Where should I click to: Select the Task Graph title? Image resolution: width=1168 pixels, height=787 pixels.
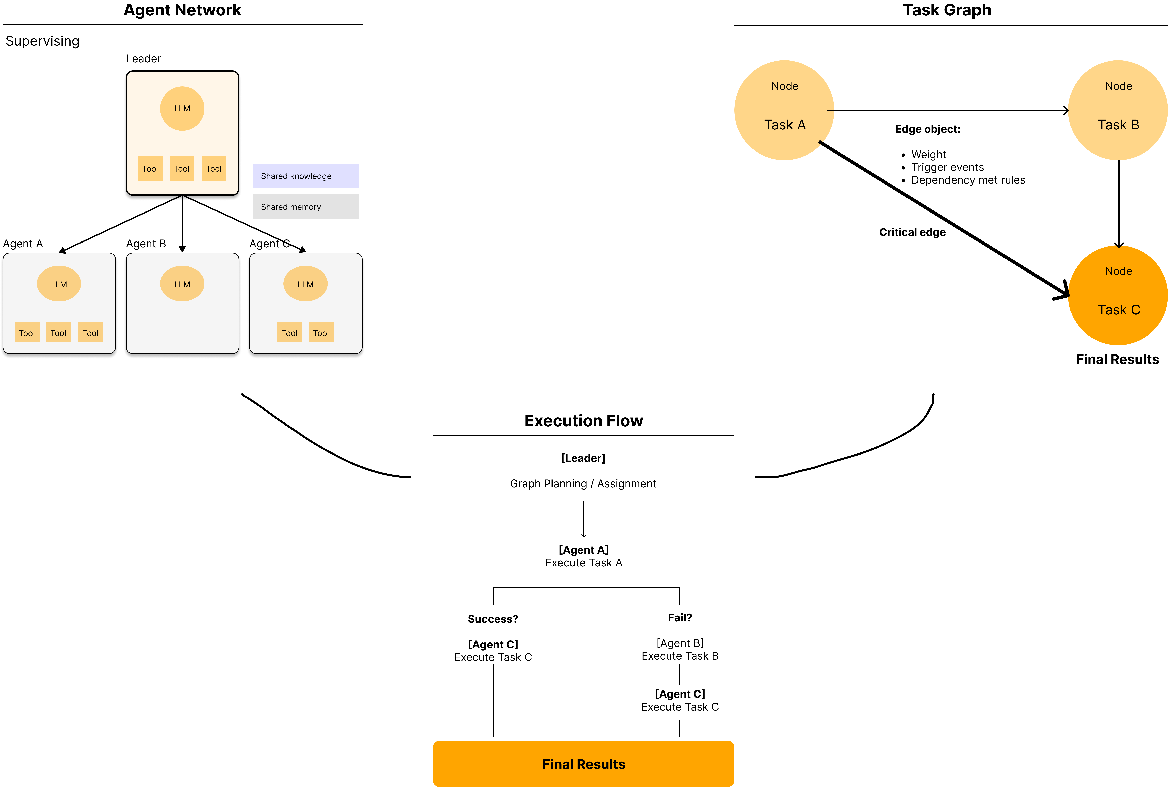pyautogui.click(x=947, y=10)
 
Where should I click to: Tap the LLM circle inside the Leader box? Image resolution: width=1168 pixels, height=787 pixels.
pyautogui.click(x=182, y=108)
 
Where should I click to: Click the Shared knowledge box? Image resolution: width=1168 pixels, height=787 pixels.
pyautogui.click(x=306, y=176)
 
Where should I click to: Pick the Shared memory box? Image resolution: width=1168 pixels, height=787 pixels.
pyautogui.click(x=306, y=207)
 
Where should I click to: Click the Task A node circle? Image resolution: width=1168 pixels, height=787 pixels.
pyautogui.click(x=784, y=110)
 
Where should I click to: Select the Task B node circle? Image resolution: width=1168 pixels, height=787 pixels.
pyautogui.click(x=1118, y=110)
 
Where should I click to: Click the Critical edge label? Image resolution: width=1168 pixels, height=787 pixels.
pyautogui.click(x=912, y=232)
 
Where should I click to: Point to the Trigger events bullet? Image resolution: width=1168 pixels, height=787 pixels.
pyautogui.click(x=947, y=167)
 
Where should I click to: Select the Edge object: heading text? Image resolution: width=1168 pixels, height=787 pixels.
pyautogui.click(x=928, y=129)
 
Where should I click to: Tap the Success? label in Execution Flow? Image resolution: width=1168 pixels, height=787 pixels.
pyautogui.click(x=493, y=619)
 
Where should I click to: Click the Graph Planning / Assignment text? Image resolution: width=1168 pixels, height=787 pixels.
pyautogui.click(x=583, y=483)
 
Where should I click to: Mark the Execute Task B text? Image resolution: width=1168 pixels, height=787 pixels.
pyautogui.click(x=680, y=656)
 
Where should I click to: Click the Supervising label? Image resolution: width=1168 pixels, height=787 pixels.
pyautogui.click(x=43, y=41)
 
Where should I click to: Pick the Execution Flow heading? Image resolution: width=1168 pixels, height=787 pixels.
pyautogui.click(x=583, y=421)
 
